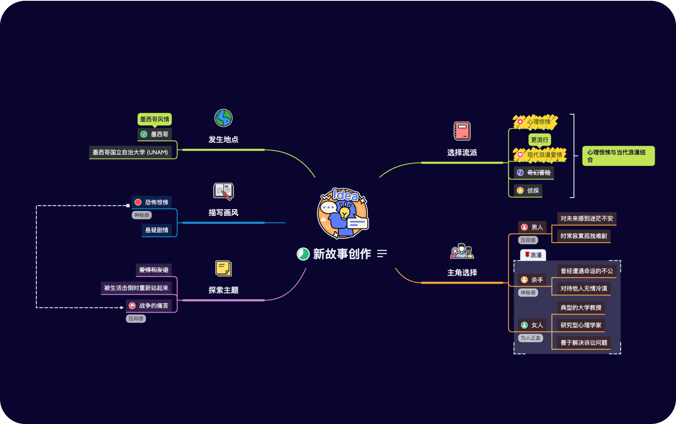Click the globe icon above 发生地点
223,118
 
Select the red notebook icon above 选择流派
462,131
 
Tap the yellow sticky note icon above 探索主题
223,269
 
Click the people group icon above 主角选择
462,251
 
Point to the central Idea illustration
343,213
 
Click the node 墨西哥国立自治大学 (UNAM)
130,152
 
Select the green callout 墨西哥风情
155,119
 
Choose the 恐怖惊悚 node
152,202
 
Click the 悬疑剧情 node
157,230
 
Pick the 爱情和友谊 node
153,270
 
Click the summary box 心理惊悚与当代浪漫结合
618,156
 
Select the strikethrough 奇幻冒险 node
534,173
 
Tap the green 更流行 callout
539,140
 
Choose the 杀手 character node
532,280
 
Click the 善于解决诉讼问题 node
584,343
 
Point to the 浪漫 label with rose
533,255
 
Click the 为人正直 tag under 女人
530,338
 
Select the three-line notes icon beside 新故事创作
382,254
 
